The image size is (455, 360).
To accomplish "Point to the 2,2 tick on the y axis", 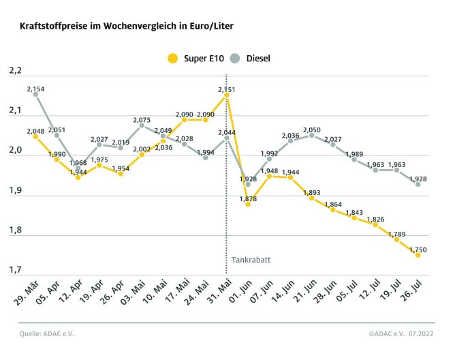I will (x=15, y=71).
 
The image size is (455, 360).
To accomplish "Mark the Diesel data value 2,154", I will (x=35, y=89).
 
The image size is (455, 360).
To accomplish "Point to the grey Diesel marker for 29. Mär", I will (x=35, y=95).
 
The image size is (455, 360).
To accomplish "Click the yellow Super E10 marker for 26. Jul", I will (x=418, y=255).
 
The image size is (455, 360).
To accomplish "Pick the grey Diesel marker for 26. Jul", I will (x=418, y=184).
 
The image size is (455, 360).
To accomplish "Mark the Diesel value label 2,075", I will (x=142, y=120).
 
